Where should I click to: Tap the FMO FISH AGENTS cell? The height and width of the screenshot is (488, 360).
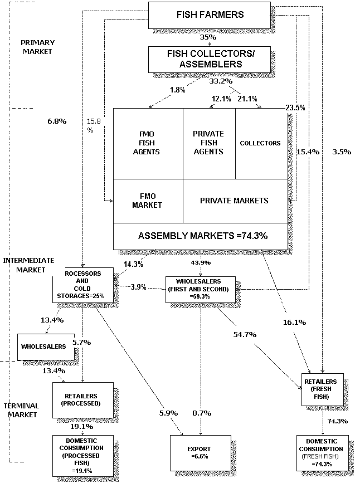148,143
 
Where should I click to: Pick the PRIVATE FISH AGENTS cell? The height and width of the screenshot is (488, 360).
208,143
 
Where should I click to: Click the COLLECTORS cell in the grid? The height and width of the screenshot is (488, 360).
260,143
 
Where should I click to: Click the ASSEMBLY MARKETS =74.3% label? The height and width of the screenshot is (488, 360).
203,236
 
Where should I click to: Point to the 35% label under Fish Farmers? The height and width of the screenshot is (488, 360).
207,37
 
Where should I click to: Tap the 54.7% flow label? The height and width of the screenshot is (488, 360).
245,334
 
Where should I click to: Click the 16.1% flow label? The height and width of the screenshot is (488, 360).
294,322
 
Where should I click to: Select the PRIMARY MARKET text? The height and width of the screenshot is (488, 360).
36,47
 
